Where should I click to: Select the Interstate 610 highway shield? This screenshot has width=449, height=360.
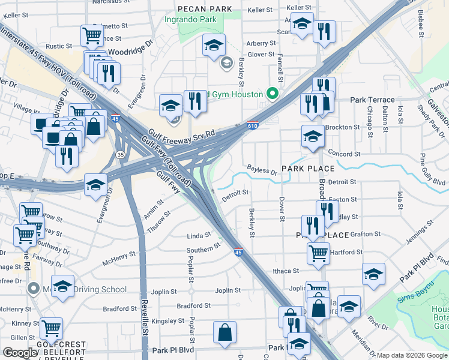point(253,126)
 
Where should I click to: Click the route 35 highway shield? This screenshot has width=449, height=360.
point(121,155)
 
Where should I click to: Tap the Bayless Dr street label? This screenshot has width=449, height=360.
point(262,172)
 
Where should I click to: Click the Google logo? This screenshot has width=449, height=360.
point(20,353)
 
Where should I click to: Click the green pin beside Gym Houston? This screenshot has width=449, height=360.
point(273,94)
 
